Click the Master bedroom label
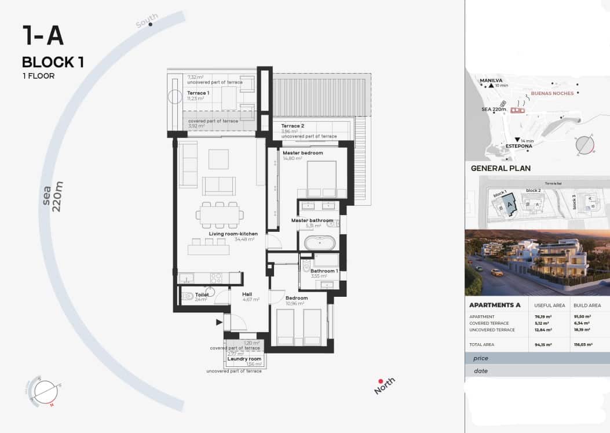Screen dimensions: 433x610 tap(303, 153)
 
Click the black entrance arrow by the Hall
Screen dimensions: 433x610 tap(220, 322)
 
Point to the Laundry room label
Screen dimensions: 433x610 tap(244, 359)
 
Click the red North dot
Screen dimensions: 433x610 tap(381, 381)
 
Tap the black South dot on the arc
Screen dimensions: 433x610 tap(151, 24)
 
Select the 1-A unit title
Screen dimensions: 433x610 tap(43, 36)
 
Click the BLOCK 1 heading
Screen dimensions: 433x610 tap(53, 62)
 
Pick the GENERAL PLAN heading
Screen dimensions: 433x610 tap(501, 169)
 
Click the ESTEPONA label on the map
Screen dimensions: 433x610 tap(518, 146)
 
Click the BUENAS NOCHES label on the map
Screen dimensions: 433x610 tap(552, 93)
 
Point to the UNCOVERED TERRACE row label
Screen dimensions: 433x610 tap(492, 330)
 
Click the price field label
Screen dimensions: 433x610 tap(481, 359)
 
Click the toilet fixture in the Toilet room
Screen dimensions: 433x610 tap(188, 296)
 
